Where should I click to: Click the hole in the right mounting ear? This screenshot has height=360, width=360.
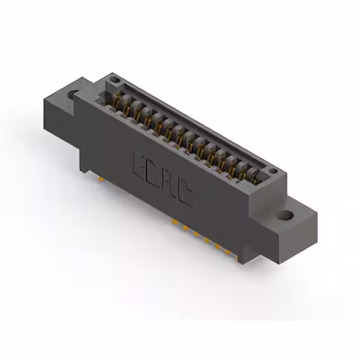286,215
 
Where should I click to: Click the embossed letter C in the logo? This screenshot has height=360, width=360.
185,194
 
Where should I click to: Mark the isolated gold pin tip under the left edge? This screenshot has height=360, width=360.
101,179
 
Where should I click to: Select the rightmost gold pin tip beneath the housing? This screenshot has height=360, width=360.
227,251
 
